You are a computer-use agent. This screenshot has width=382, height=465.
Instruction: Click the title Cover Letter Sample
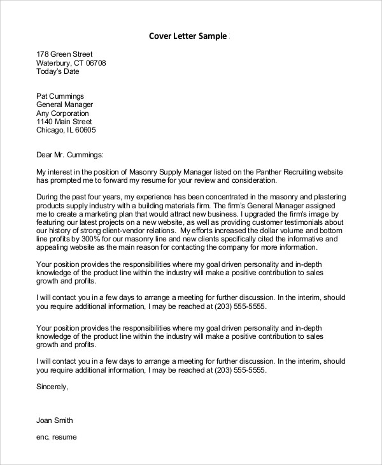pyautogui.click(x=187, y=36)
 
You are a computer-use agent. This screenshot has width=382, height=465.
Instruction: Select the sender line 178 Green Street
pyautogui.click(x=64, y=54)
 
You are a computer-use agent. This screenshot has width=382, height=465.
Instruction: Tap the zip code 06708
pyautogui.click(x=95, y=63)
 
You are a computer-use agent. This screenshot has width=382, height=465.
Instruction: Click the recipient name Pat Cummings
pyautogui.click(x=60, y=96)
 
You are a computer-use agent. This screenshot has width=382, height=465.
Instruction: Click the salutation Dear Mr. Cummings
pyautogui.click(x=69, y=154)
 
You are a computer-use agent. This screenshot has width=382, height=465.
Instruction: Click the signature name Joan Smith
pyautogui.click(x=55, y=420)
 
